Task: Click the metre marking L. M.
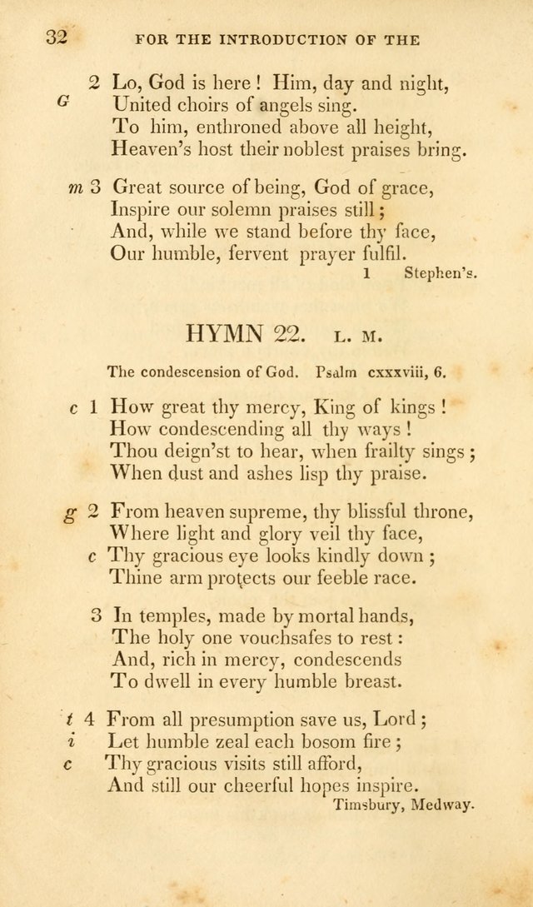coord(359,337)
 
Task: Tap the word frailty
coord(386,452)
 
